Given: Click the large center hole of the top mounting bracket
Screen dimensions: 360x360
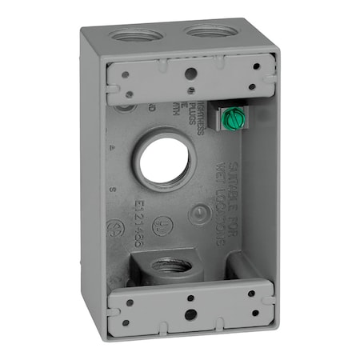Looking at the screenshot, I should [x=190, y=73].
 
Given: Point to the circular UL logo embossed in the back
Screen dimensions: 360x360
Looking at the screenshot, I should [x=194, y=214].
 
